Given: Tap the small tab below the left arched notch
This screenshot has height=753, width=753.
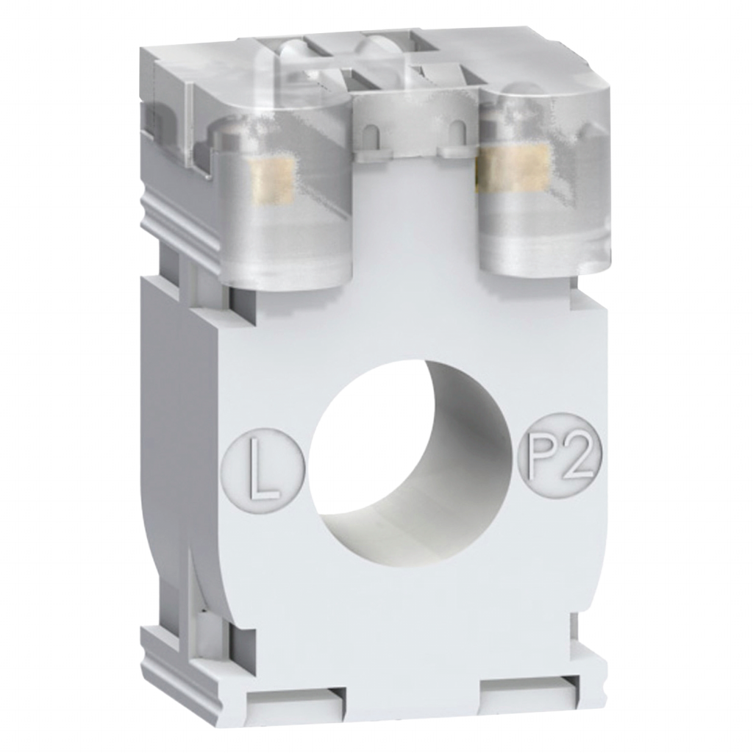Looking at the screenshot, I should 388,152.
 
